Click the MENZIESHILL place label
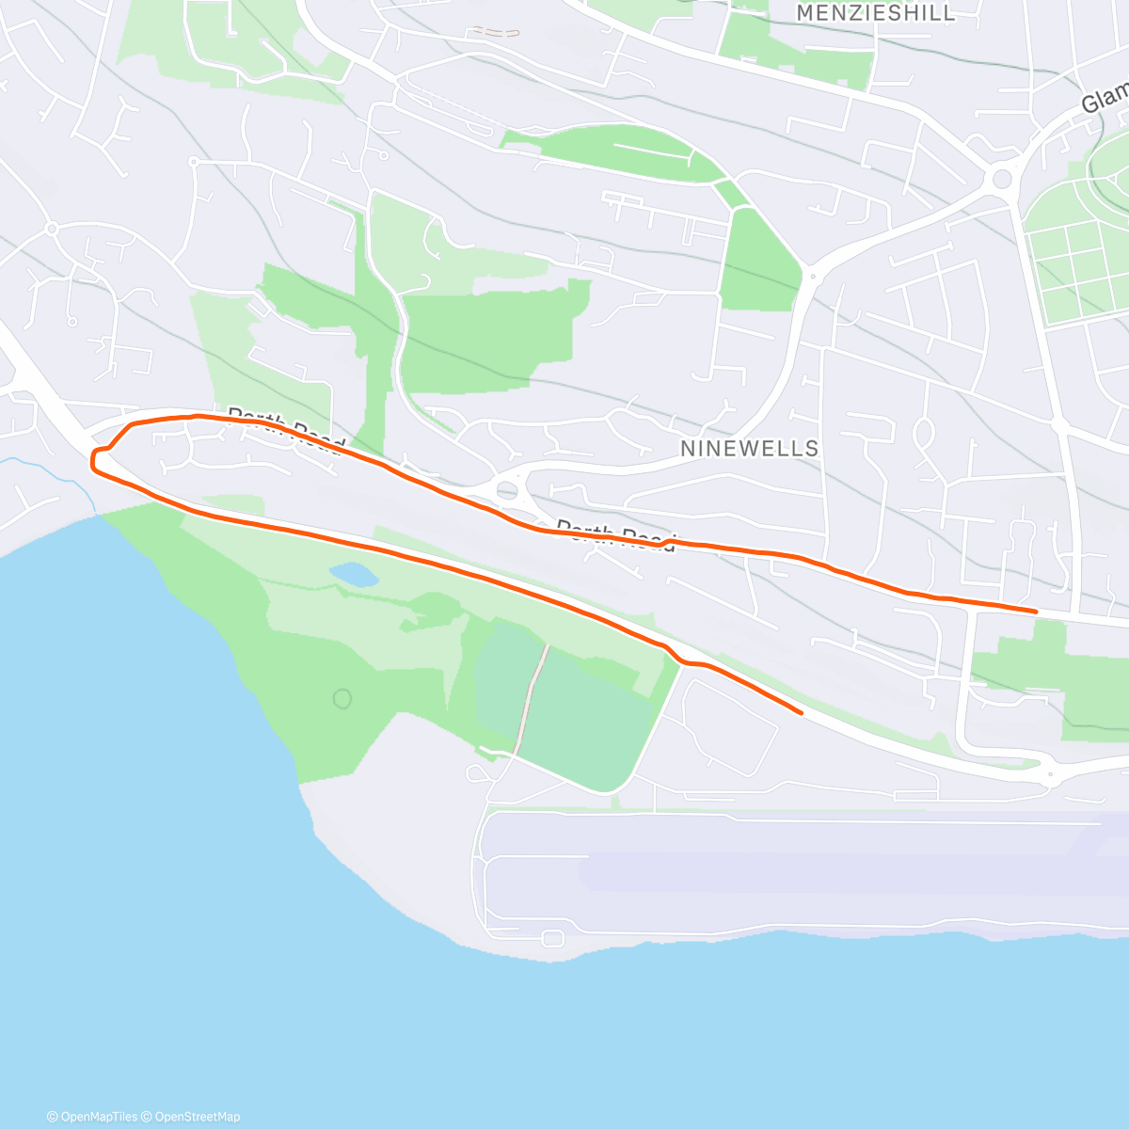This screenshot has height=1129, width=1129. coord(875,13)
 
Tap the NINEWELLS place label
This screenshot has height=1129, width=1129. coord(749,449)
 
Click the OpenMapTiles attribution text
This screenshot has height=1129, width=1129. coord(92,1117)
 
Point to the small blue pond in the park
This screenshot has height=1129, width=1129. coord(354,574)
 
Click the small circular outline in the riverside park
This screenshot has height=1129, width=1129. coord(342,698)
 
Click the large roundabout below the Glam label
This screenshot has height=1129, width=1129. coord(1002,179)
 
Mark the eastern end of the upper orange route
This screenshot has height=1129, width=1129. coord(1036,612)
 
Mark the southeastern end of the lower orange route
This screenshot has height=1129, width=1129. coord(801,712)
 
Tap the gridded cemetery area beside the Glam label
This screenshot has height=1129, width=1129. coord(1073,259)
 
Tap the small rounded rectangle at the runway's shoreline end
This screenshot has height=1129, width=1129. coord(552,938)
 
